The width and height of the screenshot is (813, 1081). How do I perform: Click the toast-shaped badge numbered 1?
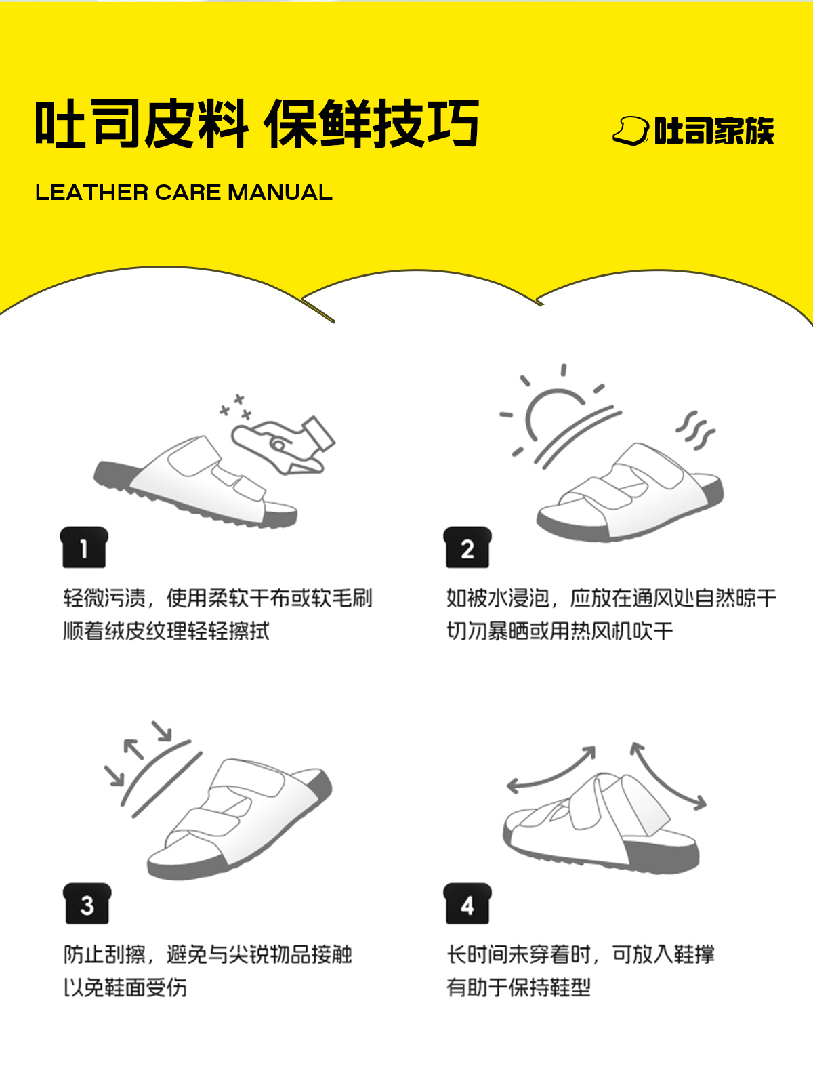point(84,547)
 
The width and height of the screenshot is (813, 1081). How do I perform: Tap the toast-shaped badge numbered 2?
point(467,547)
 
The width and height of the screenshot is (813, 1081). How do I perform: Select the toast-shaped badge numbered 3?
point(87,903)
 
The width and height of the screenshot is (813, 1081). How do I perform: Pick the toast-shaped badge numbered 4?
point(467,903)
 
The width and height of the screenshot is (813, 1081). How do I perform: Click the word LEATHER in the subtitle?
point(91,192)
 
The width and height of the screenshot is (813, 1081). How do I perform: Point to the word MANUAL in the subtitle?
point(280,192)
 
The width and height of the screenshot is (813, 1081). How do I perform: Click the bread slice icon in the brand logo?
point(631,131)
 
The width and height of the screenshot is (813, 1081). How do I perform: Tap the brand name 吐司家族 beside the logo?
point(714,131)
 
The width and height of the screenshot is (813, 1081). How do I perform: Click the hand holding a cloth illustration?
point(283,446)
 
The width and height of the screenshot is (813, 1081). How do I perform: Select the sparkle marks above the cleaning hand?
point(236,407)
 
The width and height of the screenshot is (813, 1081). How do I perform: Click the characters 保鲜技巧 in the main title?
point(371,123)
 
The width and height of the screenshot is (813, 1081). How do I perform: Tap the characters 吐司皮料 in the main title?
point(142,123)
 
